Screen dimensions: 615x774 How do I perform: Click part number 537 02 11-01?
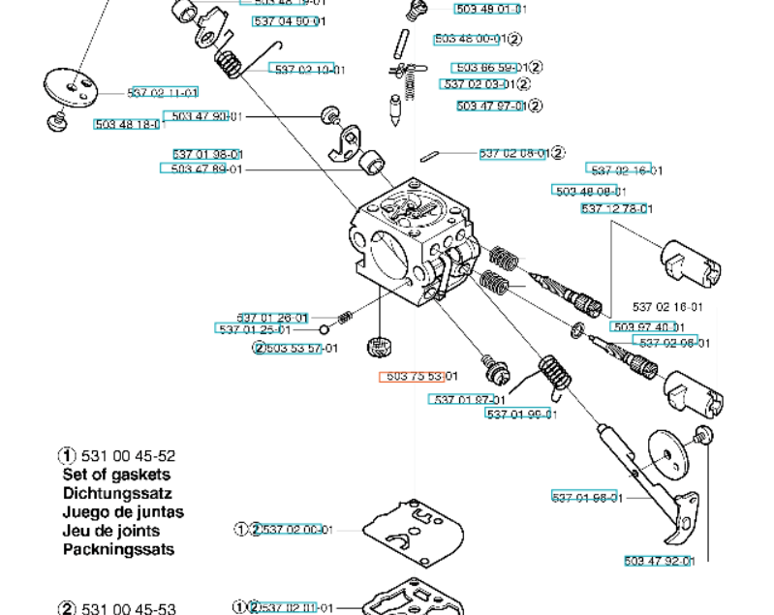point(163,93)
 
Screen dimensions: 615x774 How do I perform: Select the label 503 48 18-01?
point(130,124)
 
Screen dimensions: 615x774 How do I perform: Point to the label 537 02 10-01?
point(309,70)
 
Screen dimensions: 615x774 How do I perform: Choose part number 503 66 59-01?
point(490,68)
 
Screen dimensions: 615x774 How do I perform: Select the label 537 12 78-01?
point(616,208)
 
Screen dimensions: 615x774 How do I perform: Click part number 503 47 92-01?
point(659,561)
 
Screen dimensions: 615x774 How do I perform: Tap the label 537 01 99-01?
point(521,415)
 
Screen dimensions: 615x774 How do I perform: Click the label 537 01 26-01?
point(272,318)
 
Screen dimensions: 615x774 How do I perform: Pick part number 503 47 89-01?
point(206,169)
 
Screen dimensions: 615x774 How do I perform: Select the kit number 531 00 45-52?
point(127,455)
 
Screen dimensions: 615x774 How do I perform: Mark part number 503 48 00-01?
point(469,40)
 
